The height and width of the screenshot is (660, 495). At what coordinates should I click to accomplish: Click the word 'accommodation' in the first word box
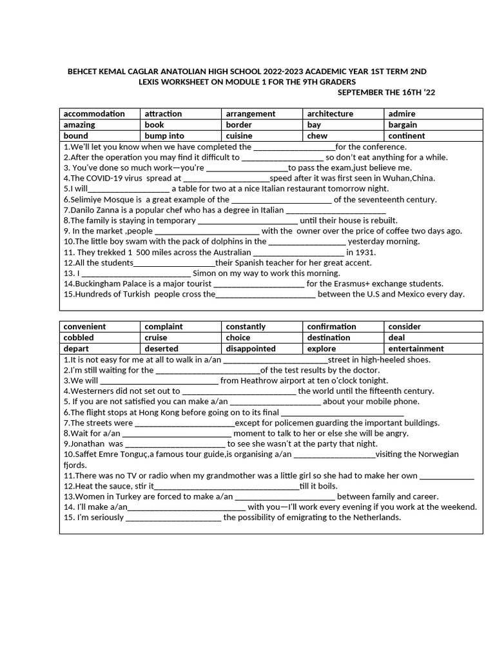[94, 114]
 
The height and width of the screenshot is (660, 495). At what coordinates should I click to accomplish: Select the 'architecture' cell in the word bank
[330, 114]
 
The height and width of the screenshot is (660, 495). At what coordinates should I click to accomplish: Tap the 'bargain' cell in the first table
[403, 125]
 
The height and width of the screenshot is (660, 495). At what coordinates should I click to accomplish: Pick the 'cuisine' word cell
[239, 136]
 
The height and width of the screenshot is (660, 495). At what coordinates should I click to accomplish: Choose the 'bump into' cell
[164, 136]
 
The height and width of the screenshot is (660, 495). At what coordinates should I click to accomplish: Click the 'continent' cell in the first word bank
[407, 136]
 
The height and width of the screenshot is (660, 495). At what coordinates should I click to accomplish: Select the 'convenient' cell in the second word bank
[84, 327]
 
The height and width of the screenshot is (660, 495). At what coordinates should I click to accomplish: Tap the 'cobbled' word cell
[79, 338]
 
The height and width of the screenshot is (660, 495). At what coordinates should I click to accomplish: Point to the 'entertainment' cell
[416, 349]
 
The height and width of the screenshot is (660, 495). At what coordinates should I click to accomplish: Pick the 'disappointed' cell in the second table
[251, 349]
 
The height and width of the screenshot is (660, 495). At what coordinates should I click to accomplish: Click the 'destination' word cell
[329, 338]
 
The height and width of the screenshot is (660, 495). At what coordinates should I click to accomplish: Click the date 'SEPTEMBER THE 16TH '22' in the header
[386, 92]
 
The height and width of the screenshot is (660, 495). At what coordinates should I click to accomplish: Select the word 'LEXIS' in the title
[153, 82]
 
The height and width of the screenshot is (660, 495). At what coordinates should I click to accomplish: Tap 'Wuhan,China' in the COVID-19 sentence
[409, 179]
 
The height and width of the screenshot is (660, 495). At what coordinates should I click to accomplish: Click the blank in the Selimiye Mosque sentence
[281, 200]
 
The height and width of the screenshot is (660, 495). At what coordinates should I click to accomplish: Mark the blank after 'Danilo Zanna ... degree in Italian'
[335, 210]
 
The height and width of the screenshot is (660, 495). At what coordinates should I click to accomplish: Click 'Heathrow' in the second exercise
[260, 381]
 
